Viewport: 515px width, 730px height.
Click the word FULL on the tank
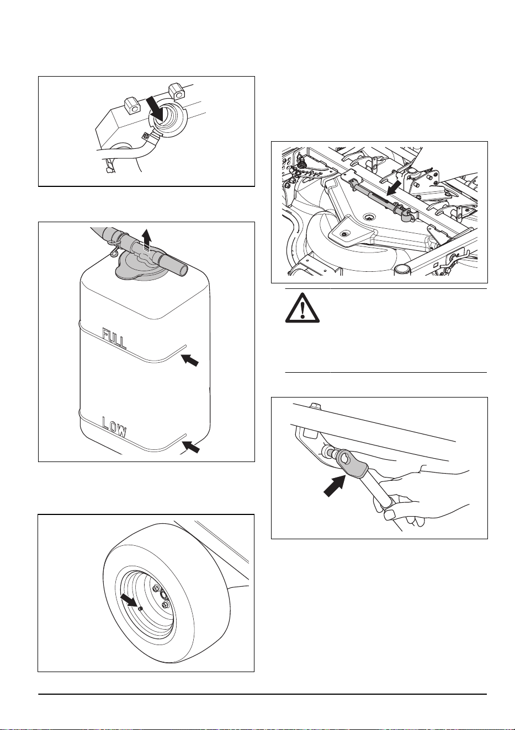point(114,338)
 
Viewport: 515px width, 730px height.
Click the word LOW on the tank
point(114,427)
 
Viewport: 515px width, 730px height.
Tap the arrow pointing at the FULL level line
point(190,361)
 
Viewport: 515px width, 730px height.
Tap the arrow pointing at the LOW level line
point(190,447)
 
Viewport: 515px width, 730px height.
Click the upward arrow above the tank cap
point(147,240)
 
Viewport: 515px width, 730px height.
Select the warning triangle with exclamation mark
point(302,308)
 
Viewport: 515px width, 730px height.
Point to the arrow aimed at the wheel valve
point(129,600)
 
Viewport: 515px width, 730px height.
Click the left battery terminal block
point(131,106)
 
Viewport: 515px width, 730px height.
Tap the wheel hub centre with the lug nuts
point(162,597)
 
